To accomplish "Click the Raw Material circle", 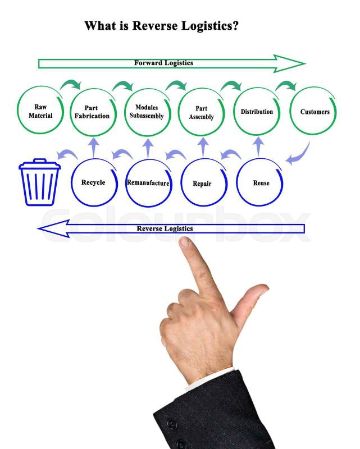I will (x=40, y=111).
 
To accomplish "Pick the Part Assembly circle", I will (x=201, y=112).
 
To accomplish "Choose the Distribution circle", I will (x=257, y=112).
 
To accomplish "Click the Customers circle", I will (x=315, y=112).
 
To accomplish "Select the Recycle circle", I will (x=93, y=182).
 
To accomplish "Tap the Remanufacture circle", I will (x=148, y=183).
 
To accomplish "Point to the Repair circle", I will (x=202, y=183).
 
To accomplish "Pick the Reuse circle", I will (x=261, y=183).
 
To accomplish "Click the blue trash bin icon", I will (x=39, y=182).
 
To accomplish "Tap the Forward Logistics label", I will (x=163, y=63).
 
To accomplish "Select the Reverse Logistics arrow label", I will (x=165, y=228).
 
